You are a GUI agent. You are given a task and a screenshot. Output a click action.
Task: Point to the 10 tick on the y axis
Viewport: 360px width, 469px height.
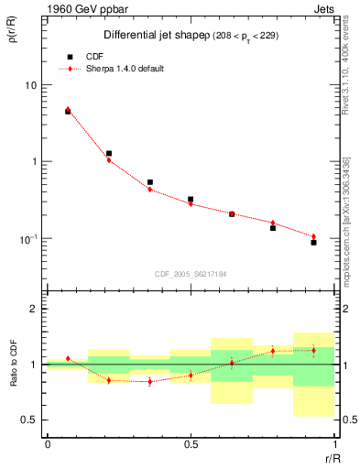33,85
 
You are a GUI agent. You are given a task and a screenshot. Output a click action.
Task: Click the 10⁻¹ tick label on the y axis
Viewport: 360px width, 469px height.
30,238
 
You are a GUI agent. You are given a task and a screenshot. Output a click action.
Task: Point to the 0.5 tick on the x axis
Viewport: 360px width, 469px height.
191,444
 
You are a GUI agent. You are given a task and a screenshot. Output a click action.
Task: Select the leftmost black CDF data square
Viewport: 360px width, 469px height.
68,111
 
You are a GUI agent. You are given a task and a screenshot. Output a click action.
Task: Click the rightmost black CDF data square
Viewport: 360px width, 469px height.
313,243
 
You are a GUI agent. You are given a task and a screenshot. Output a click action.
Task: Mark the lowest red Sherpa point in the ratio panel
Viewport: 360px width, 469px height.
149,382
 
